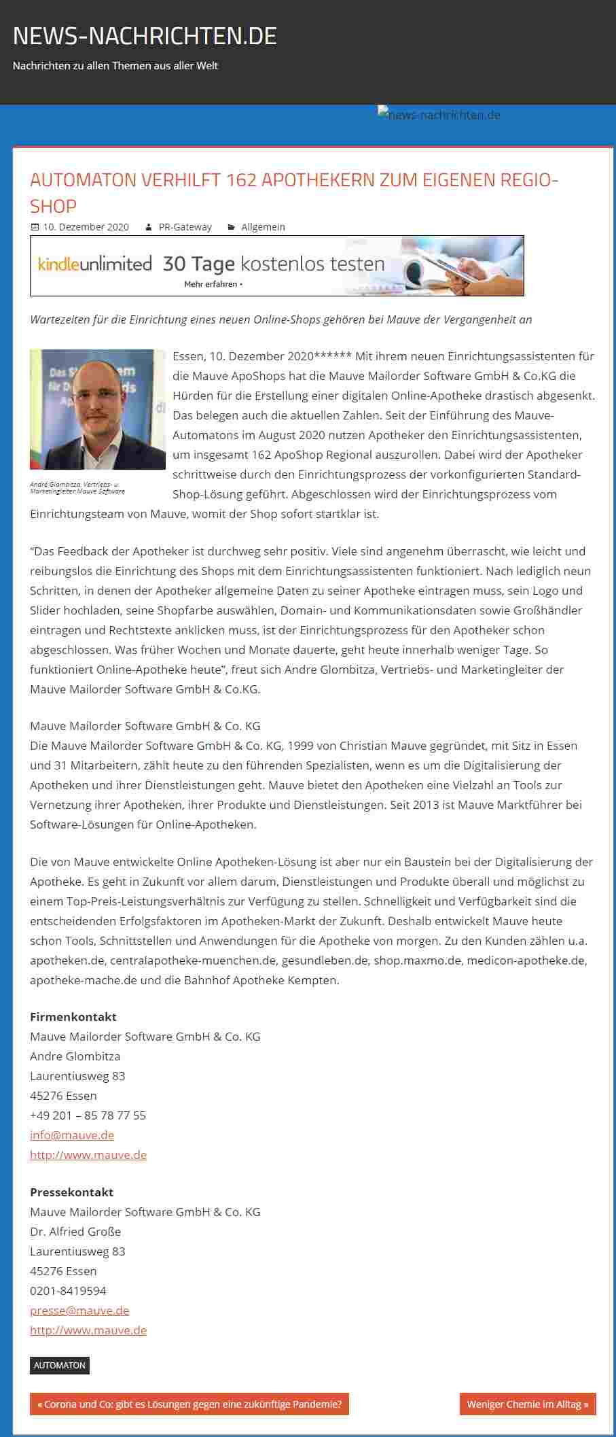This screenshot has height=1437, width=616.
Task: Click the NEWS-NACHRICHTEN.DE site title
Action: pyautogui.click(x=145, y=36)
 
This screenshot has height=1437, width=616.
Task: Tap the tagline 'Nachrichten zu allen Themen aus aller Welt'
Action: pyautogui.click(x=115, y=66)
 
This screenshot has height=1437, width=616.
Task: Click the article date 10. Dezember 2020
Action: pyautogui.click(x=86, y=227)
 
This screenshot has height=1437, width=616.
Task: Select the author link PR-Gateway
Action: pyautogui.click(x=185, y=227)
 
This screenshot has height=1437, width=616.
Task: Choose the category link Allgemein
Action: pyautogui.click(x=263, y=227)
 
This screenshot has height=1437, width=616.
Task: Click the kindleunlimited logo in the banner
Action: pyautogui.click(x=94, y=264)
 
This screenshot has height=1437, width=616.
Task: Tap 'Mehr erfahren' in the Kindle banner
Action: pyautogui.click(x=213, y=284)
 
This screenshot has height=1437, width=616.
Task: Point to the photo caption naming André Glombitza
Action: pyautogui.click(x=77, y=487)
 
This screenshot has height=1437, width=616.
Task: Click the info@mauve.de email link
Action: pyautogui.click(x=72, y=1135)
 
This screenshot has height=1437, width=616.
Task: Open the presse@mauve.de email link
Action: pyautogui.click(x=79, y=1310)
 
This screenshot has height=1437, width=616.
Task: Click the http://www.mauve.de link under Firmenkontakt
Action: pyautogui.click(x=88, y=1154)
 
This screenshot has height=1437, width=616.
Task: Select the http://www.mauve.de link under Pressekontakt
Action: pyautogui.click(x=88, y=1330)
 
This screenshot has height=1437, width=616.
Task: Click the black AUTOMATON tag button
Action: pyautogui.click(x=60, y=1365)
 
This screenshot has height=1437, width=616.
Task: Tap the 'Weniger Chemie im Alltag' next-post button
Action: pyautogui.click(x=528, y=1404)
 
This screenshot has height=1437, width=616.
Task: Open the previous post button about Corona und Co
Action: pyautogui.click(x=189, y=1404)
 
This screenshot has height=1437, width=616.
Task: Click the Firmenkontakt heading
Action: pyautogui.click(x=73, y=1016)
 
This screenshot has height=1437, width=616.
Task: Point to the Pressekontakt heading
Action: pyautogui.click(x=72, y=1192)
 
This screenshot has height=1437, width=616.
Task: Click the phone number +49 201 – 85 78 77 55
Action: pyautogui.click(x=88, y=1115)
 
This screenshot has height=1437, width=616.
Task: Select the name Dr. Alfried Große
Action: pyautogui.click(x=75, y=1231)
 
